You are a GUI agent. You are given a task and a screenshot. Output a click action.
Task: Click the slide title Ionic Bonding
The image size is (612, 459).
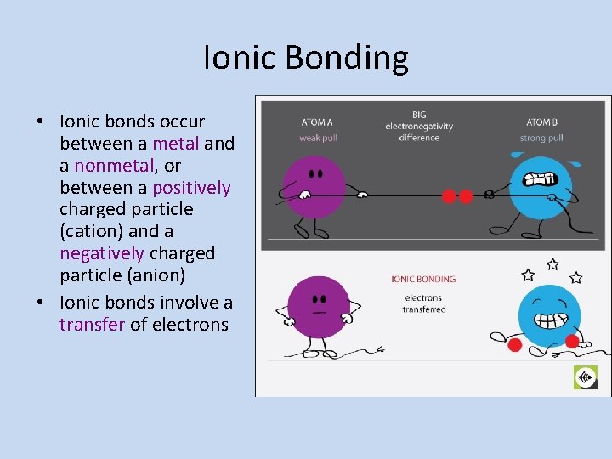[306, 58]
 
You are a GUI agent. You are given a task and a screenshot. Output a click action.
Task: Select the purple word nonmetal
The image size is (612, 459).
[114, 166]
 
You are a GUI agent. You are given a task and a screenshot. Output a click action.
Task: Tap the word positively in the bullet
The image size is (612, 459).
[191, 188]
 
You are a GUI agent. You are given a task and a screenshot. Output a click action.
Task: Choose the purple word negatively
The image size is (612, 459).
[102, 253]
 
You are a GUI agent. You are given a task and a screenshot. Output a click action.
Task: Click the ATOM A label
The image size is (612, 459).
[317, 122]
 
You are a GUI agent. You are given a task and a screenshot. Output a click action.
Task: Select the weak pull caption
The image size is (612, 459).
[318, 138]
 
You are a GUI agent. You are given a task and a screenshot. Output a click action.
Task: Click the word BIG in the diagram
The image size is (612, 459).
[419, 115]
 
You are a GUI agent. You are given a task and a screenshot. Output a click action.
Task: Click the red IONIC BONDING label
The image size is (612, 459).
[423, 279]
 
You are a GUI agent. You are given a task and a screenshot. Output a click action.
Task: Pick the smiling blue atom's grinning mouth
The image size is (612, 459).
[547, 322]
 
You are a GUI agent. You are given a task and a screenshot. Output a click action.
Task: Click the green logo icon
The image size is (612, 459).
[586, 377]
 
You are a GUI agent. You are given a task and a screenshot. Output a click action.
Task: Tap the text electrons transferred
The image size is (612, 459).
[423, 303]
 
